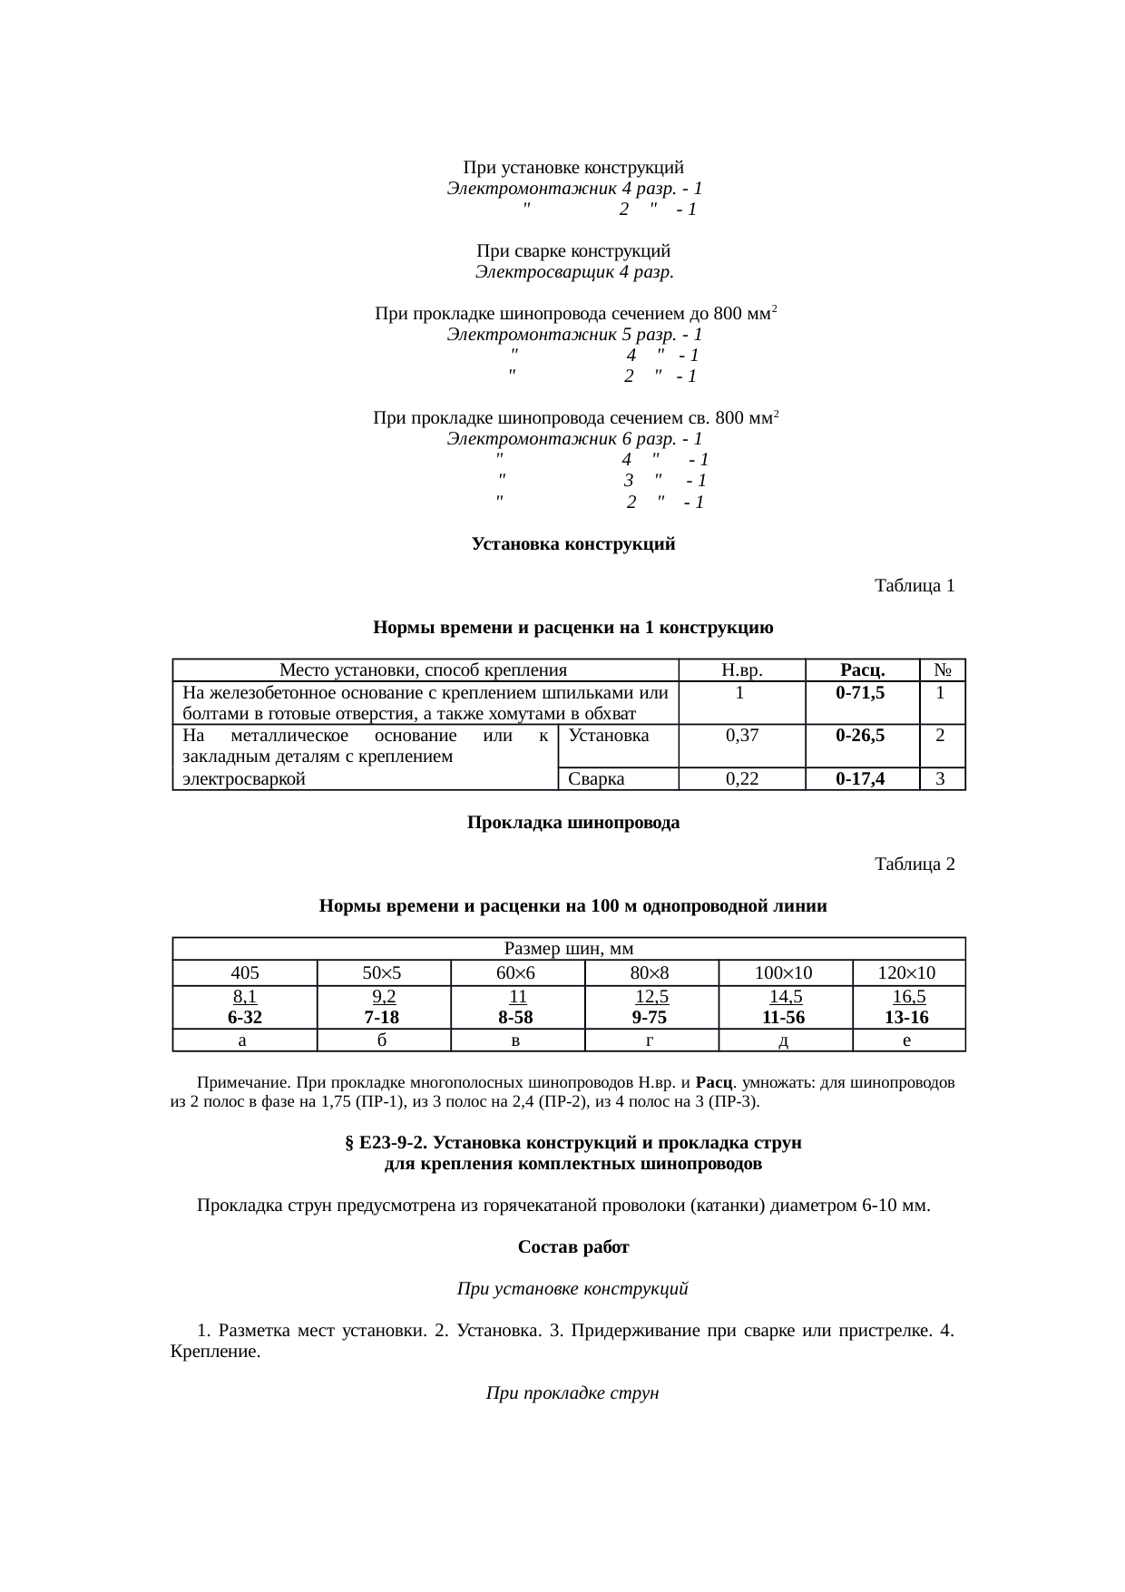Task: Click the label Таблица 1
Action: coord(914,586)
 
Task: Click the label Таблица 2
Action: coord(914,864)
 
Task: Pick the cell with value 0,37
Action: coord(741,736)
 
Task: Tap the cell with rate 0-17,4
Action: coord(860,778)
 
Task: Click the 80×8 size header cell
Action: coord(650,973)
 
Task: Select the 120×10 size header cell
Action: coord(907,973)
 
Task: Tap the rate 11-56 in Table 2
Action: coord(784,1018)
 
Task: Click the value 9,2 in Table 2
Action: coord(383,998)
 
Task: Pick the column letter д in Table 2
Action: coord(784,1040)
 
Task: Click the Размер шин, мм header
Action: coord(568,949)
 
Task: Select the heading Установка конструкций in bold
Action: coord(573,544)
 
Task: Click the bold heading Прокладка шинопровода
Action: coord(573,823)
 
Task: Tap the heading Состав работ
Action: coord(573,1247)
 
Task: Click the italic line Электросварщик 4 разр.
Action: coord(573,271)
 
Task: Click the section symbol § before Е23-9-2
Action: coord(350,1143)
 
